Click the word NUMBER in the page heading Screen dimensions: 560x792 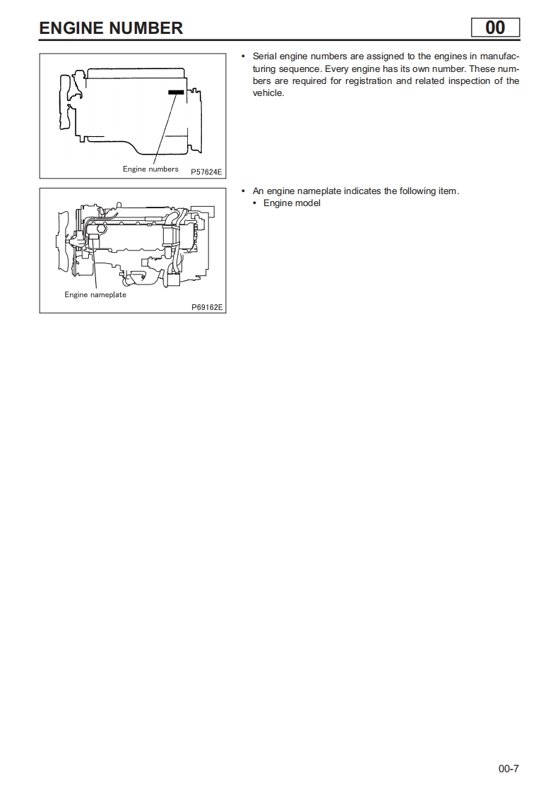point(148,28)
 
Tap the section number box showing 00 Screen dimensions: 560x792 point(495,28)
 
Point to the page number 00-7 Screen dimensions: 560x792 point(508,769)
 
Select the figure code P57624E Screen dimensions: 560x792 point(206,172)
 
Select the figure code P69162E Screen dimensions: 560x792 point(207,307)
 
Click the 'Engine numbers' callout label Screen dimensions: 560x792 point(150,169)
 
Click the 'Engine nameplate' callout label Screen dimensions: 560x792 point(95,294)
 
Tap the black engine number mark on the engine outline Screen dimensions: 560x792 point(176,92)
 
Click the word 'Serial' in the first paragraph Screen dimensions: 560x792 point(265,56)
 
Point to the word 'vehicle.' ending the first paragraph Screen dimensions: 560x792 point(268,93)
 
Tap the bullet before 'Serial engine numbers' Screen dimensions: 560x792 point(243,56)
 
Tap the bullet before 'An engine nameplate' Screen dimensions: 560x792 point(243,191)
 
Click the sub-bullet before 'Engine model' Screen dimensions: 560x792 point(254,203)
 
